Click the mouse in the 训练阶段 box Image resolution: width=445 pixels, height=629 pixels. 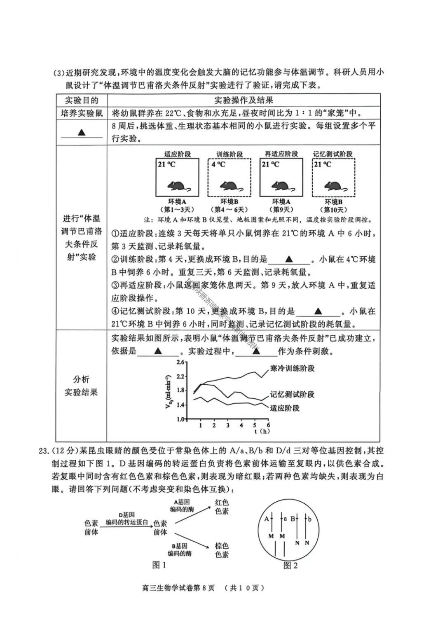point(229,187)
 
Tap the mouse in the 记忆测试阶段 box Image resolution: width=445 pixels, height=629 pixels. point(333,187)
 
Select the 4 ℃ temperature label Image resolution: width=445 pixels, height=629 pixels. point(218,164)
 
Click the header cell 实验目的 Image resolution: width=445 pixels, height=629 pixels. point(82,100)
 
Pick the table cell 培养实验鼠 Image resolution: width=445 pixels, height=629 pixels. point(82,113)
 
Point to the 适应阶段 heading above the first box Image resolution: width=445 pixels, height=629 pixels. point(178,154)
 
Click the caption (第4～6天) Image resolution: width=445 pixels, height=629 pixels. point(229,209)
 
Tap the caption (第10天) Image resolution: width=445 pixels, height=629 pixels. point(333,209)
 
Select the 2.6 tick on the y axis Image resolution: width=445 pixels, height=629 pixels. point(180,362)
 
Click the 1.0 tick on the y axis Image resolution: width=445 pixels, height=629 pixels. point(180,419)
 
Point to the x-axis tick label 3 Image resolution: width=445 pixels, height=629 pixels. point(228,425)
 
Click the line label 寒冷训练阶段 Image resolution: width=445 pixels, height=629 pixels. point(292,368)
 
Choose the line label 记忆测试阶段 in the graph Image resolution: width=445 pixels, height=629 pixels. point(292,394)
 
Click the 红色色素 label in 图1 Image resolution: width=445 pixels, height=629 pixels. point(222,507)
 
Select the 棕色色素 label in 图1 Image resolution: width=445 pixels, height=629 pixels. point(222,550)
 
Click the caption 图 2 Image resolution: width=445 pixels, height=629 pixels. point(290,566)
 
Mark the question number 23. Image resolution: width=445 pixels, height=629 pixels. point(44,451)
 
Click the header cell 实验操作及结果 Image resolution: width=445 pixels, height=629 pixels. point(244,100)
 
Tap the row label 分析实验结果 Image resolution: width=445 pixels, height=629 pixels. point(81,386)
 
